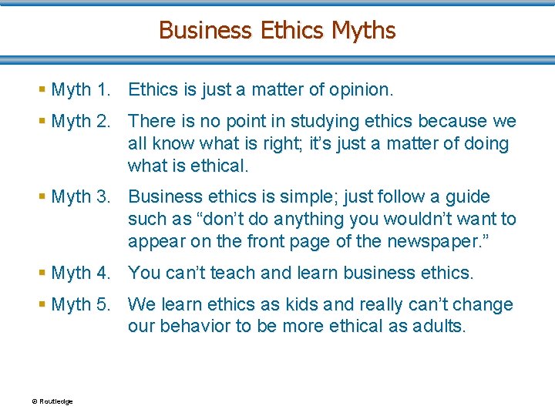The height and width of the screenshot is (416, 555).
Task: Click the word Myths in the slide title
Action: [x=363, y=30]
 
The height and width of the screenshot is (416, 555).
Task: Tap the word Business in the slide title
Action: [x=205, y=30]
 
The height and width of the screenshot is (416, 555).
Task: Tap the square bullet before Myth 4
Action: [x=42, y=273]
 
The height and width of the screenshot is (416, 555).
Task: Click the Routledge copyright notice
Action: [x=52, y=401]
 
